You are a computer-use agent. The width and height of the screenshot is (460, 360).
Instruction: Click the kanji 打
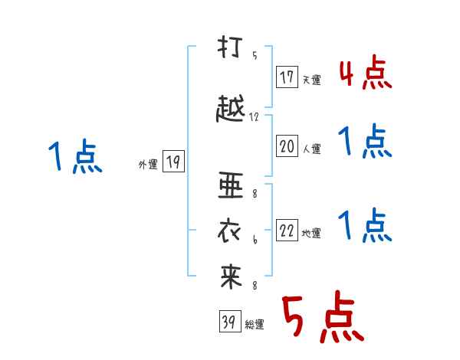[230, 47]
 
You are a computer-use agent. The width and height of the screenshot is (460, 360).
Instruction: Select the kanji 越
[230, 109]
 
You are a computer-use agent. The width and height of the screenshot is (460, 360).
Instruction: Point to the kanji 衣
[229, 231]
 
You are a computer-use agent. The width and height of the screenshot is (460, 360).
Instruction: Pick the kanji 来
[231, 277]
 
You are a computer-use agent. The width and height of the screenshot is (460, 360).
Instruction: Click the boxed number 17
[287, 77]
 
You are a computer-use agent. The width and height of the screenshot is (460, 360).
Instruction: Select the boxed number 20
[287, 146]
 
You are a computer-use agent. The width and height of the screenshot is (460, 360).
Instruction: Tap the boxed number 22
[287, 230]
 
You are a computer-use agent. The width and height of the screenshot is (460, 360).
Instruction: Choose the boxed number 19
[173, 161]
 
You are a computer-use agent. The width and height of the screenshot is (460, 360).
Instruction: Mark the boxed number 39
[230, 321]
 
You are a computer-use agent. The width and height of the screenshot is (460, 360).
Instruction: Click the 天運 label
[311, 80]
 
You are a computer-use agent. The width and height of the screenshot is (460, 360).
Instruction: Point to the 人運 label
[312, 149]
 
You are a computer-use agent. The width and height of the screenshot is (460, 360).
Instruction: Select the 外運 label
[148, 165]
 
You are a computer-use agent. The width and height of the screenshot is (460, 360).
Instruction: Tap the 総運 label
[254, 325]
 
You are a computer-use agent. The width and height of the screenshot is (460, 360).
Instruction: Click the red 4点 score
[366, 73]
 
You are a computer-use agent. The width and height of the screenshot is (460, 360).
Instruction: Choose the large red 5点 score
[323, 316]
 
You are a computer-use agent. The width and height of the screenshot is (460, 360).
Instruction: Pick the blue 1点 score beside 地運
[365, 225]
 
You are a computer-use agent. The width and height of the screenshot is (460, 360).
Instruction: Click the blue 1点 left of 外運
[75, 156]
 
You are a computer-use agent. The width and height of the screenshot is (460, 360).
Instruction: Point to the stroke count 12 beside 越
[254, 117]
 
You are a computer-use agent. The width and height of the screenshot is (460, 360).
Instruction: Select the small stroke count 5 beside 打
[255, 55]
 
